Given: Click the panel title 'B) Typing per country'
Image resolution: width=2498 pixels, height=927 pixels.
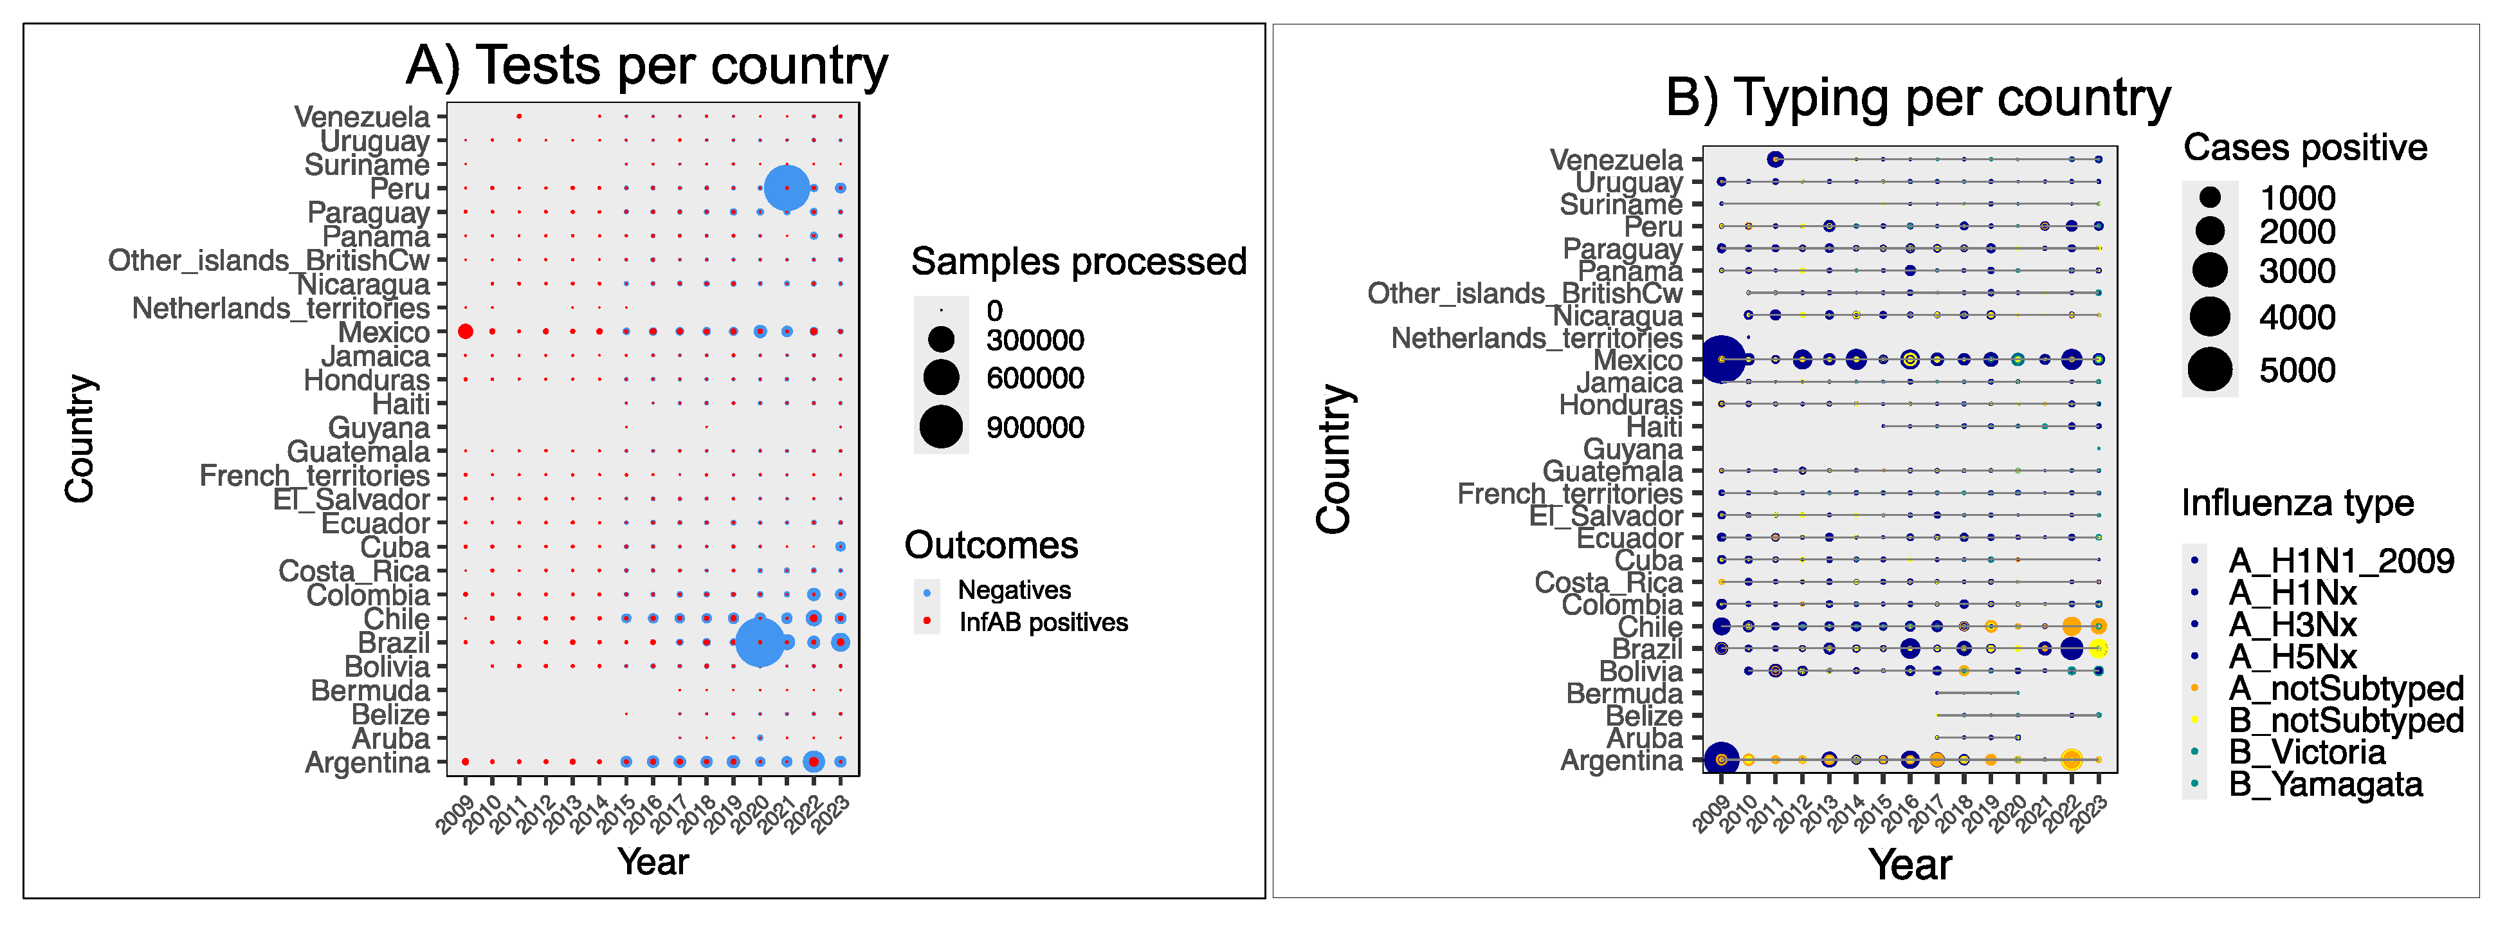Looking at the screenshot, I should pyautogui.click(x=1917, y=98).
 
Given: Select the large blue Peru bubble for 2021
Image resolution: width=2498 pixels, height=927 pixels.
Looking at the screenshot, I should pyautogui.click(x=787, y=188).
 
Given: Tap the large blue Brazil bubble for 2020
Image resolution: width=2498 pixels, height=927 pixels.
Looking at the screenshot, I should pyautogui.click(x=760, y=642).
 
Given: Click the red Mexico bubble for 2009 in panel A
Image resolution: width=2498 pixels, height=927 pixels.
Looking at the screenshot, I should pyautogui.click(x=466, y=332).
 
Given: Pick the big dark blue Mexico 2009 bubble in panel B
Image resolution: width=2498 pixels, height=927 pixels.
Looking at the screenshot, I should pyautogui.click(x=1720, y=360).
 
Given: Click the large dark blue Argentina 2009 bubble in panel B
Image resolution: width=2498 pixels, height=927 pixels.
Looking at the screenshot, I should pyautogui.click(x=1720, y=759).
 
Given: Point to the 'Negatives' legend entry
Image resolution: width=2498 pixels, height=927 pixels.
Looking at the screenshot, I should pyautogui.click(x=1014, y=591).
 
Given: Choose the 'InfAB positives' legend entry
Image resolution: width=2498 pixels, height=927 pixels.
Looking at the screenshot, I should pyautogui.click(x=1043, y=623).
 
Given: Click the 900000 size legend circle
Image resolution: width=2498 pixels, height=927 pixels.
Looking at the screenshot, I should pyautogui.click(x=941, y=427).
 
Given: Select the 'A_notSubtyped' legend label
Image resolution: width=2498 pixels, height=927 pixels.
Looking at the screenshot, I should pyautogui.click(x=2345, y=688).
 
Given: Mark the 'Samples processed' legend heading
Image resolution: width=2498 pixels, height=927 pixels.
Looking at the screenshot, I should pyautogui.click(x=1079, y=262).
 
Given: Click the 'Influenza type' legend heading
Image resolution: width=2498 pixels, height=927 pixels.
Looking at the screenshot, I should pyautogui.click(x=2296, y=503).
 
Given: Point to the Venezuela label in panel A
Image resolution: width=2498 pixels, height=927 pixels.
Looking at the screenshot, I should pyautogui.click(x=361, y=117).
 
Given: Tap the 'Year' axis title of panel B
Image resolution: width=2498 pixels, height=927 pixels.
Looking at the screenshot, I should pyautogui.click(x=1910, y=864).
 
